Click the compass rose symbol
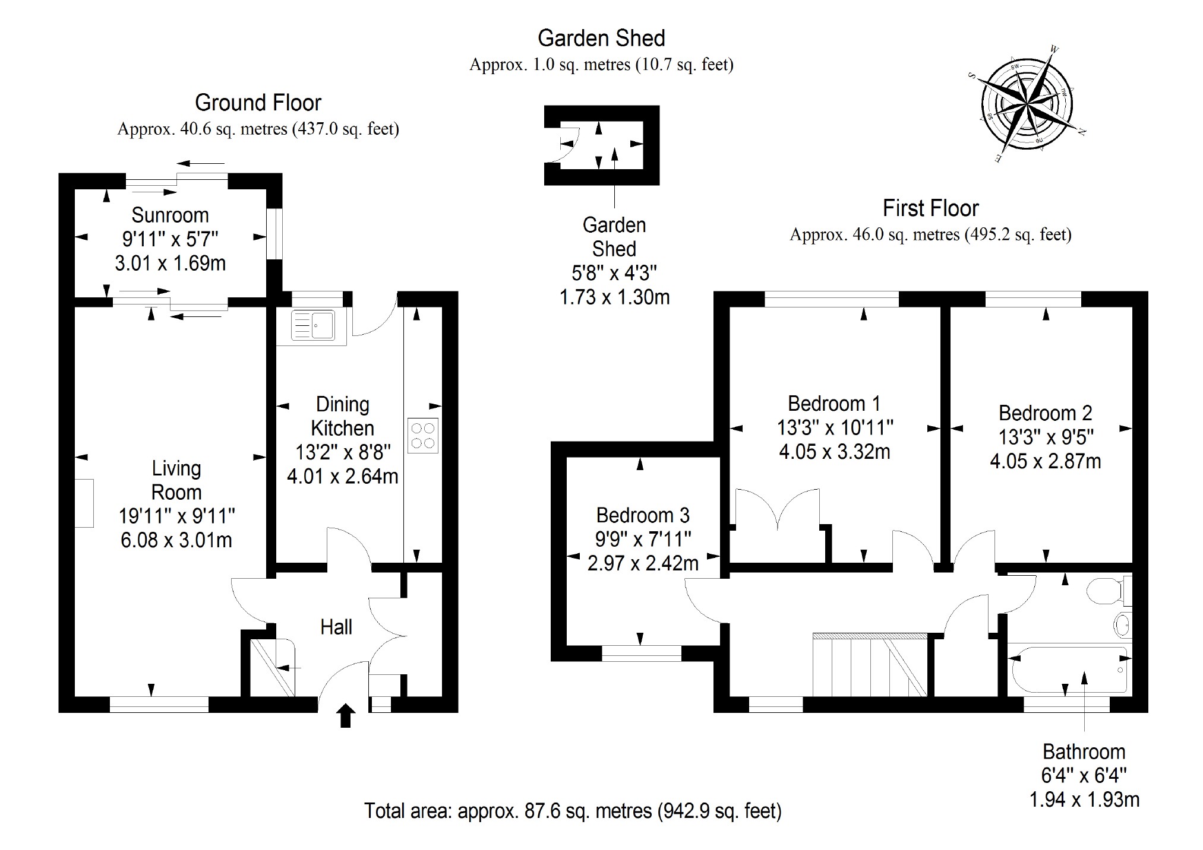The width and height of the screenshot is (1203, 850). click(x=1027, y=106)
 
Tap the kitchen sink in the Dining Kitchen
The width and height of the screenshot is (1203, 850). click(x=313, y=326)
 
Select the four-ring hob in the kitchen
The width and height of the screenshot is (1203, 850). click(x=423, y=436)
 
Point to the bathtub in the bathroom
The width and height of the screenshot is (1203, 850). click(x=1068, y=670)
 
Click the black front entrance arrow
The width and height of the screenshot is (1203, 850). click(x=346, y=715)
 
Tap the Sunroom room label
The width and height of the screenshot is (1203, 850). click(x=170, y=215)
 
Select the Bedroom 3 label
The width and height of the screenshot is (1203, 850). click(x=643, y=515)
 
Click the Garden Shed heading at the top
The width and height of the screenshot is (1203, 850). click(x=601, y=39)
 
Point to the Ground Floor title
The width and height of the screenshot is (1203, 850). click(x=258, y=103)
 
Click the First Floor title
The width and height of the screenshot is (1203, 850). click(x=930, y=208)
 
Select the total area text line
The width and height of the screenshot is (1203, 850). click(x=573, y=811)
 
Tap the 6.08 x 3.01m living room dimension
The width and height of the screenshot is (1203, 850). click(x=176, y=540)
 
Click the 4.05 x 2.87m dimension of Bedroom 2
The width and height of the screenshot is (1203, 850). click(x=1045, y=461)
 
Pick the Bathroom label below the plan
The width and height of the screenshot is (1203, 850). click(x=1084, y=752)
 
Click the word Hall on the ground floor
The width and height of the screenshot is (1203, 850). click(x=336, y=627)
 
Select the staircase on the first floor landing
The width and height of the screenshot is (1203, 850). click(x=869, y=665)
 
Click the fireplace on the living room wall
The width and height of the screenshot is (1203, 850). click(x=84, y=503)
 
